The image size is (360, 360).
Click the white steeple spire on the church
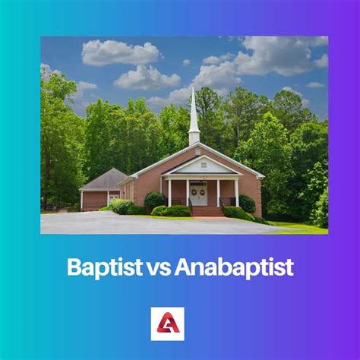tap(194, 110)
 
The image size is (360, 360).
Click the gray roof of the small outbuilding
tap(105, 180)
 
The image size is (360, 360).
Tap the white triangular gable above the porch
tap(201, 167)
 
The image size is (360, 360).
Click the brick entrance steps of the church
tap(203, 210)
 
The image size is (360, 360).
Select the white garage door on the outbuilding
tap(112, 197)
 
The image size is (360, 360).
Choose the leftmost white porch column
tap(169, 193)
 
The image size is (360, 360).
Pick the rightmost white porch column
tap(236, 193)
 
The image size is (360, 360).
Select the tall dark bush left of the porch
tap(154, 201)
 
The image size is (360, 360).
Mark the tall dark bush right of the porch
tap(248, 204)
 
